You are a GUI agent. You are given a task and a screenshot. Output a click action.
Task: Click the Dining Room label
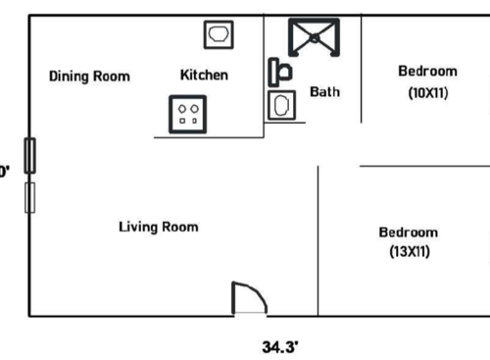(89, 76)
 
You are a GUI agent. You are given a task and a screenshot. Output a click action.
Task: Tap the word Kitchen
(204, 75)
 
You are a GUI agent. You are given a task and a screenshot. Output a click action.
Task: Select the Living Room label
(158, 227)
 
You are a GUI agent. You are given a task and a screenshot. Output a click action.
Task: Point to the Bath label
(324, 92)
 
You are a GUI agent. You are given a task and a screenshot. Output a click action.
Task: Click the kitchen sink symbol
(219, 35)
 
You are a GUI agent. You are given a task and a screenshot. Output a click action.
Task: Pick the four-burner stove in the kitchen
(189, 112)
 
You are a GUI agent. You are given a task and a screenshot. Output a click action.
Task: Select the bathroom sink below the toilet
(283, 105)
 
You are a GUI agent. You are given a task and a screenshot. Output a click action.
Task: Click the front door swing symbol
(248, 298)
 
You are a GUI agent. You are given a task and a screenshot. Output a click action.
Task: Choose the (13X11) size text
(408, 252)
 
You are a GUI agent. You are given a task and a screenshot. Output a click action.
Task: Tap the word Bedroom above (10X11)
(427, 71)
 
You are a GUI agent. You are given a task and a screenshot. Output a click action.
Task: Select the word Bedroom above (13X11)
(408, 232)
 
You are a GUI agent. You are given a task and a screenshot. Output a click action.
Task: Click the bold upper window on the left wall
(30, 155)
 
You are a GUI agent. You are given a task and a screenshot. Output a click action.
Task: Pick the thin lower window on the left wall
(30, 196)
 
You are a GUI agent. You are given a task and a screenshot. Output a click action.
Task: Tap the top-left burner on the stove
(183, 106)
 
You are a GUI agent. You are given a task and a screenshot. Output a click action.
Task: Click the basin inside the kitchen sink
(219, 35)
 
